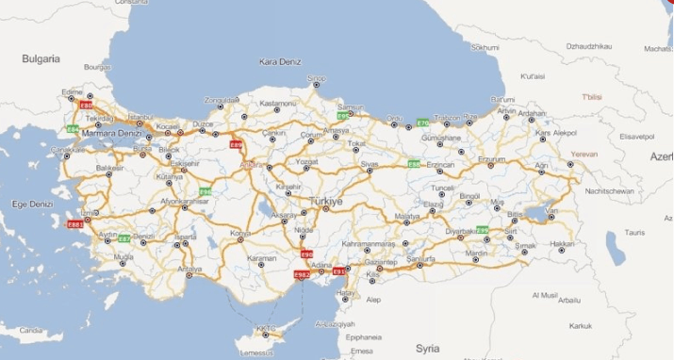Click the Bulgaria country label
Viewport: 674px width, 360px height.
click(x=41, y=58)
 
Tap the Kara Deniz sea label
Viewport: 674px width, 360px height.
click(x=280, y=62)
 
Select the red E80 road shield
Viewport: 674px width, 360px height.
click(x=87, y=106)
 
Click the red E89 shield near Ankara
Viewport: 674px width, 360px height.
click(x=237, y=145)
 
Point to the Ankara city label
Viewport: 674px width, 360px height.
click(x=253, y=165)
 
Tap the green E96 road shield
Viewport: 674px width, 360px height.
click(x=205, y=191)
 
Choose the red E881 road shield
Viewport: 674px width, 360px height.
click(x=76, y=224)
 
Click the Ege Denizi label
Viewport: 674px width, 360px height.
click(x=33, y=203)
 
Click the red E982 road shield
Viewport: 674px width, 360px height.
click(x=302, y=274)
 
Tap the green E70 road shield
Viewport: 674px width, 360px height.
click(x=422, y=123)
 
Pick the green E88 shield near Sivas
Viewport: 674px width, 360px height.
click(x=413, y=164)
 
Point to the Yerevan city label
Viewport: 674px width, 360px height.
click(x=584, y=153)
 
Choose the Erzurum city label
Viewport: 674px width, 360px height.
click(x=491, y=160)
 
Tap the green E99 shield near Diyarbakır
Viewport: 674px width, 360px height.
click(x=483, y=230)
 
